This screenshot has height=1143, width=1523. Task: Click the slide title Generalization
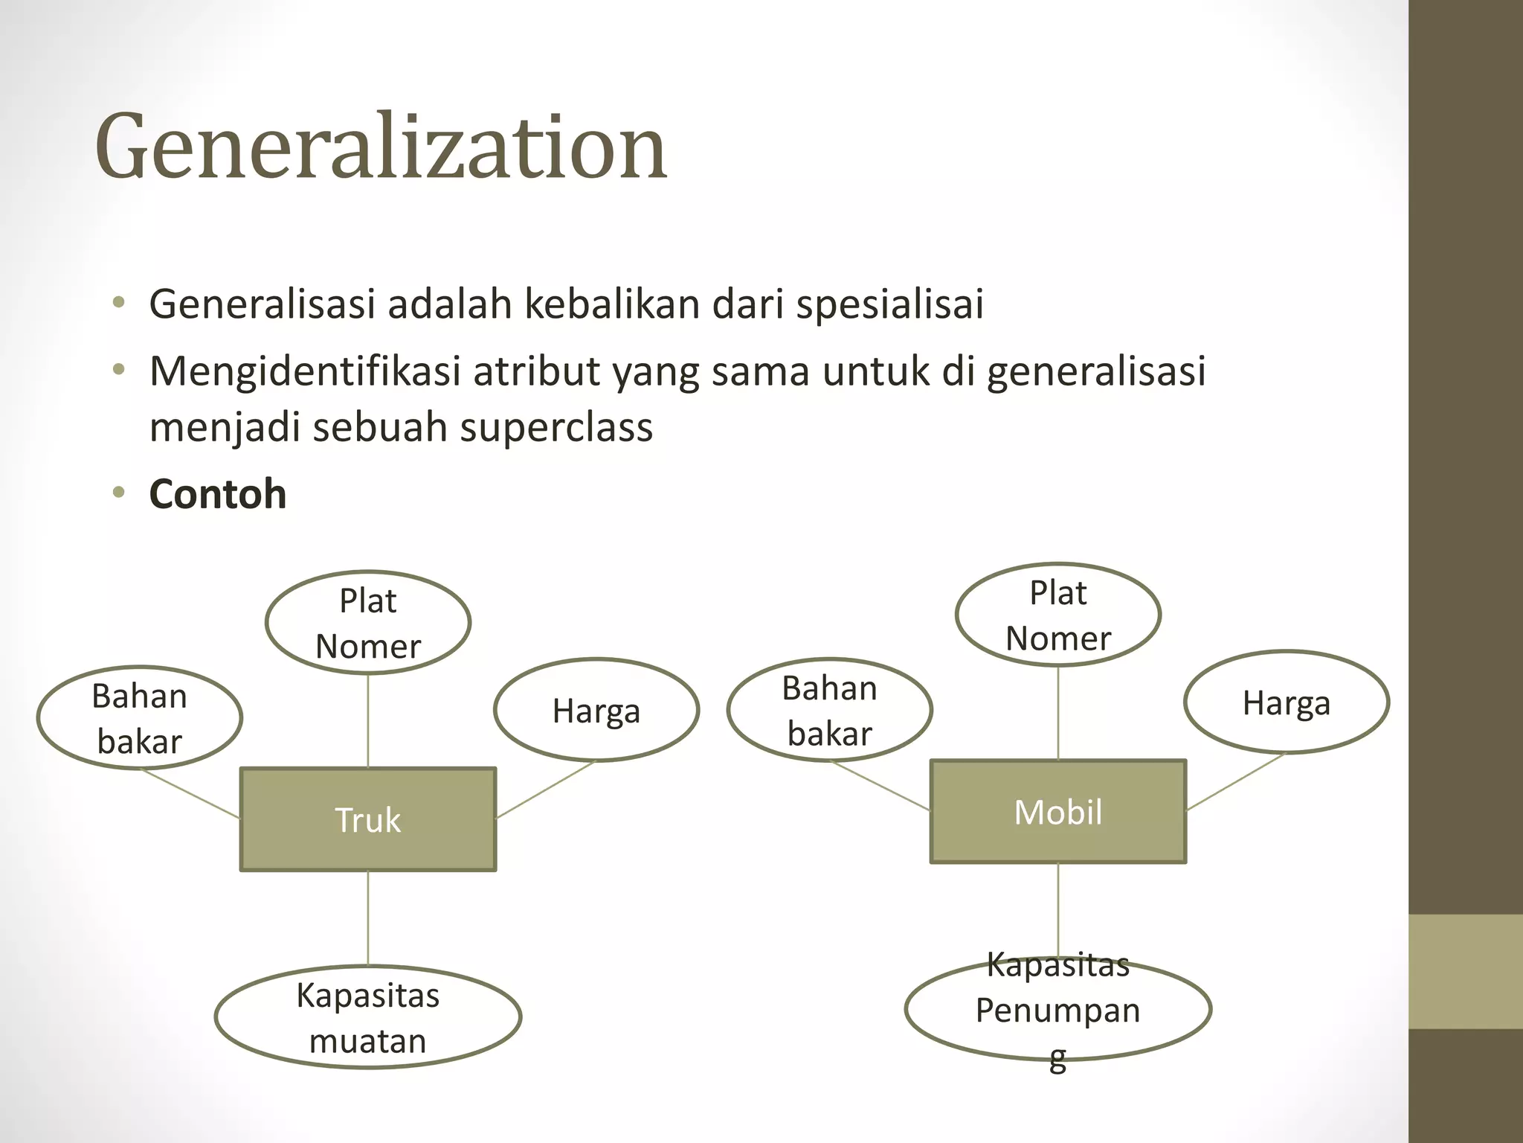point(381,146)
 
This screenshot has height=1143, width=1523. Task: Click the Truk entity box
point(368,819)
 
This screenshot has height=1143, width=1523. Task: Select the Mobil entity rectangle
point(1057,812)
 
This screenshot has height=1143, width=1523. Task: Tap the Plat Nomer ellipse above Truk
point(368,623)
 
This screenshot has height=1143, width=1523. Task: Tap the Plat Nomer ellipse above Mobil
point(1057,615)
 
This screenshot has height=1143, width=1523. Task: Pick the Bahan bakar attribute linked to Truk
point(140,718)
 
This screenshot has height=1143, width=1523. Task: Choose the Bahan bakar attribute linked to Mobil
point(829,710)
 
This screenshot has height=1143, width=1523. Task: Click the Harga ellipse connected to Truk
point(596,711)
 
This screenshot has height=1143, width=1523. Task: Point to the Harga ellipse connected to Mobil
point(1286,702)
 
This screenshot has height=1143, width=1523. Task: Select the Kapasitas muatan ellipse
point(368,1017)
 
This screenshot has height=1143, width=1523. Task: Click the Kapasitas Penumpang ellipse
point(1057,1010)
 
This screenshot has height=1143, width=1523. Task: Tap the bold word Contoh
point(218,494)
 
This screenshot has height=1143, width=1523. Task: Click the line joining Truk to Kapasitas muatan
point(368,918)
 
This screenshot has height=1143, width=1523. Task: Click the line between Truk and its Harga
point(546,790)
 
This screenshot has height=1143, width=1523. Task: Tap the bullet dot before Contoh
point(118,493)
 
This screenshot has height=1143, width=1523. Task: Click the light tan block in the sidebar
point(1466,972)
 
